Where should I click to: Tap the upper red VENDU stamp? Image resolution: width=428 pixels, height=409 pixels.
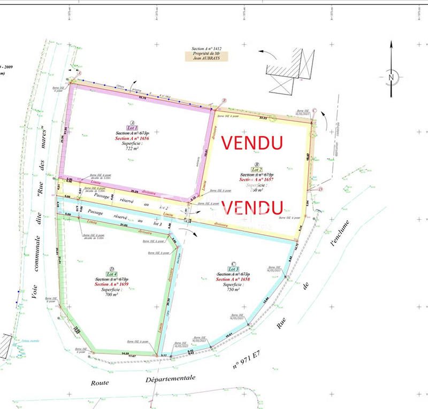(252, 142)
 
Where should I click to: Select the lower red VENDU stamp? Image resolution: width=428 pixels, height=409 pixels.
(251, 206)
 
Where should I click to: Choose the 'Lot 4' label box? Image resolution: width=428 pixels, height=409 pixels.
(111, 274)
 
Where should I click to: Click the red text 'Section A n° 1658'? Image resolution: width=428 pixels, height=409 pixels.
(232, 279)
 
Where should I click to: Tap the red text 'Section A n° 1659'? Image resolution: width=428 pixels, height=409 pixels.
(111, 284)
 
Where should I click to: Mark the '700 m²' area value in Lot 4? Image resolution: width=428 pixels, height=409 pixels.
(111, 295)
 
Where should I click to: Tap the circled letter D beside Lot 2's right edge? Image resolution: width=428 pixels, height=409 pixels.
(320, 189)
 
